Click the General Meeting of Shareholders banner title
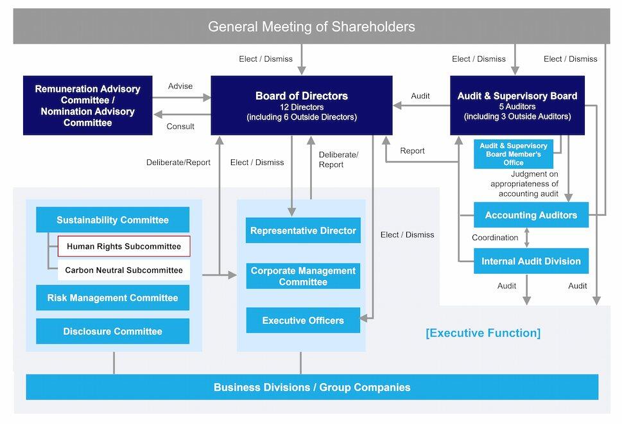pos(311,26)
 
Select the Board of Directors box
pos(301,105)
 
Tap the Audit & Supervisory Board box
pos(517,105)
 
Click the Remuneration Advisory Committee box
pos(88,105)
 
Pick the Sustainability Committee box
pos(112,220)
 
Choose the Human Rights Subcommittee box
pos(124,246)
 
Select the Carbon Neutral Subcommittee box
pos(124,270)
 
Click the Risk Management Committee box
pos(112,298)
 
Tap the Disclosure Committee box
pos(112,331)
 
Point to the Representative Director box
pos(303,231)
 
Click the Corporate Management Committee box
pos(303,276)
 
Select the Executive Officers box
pos(303,321)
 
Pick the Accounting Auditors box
pos(531,215)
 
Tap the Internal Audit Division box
pos(531,261)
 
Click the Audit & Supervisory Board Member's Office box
pos(514,154)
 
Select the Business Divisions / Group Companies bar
pos(312,387)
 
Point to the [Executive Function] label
pos(483,333)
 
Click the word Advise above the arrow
pos(180,86)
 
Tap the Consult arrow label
pos(180,127)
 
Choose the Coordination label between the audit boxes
pos(495,238)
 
